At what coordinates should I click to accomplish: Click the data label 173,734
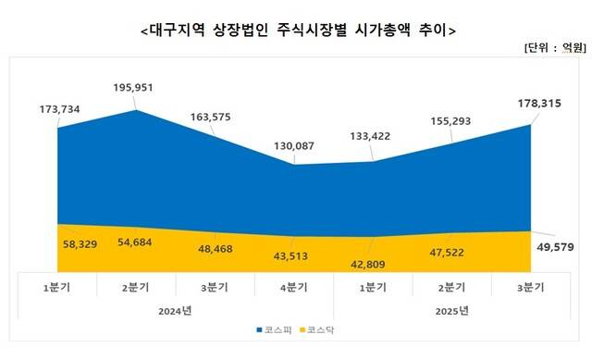click(x=57, y=109)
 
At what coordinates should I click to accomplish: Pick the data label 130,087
click(x=295, y=145)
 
